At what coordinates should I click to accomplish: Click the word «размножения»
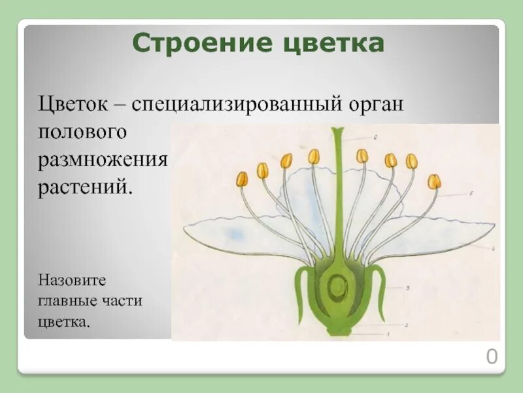click(103, 160)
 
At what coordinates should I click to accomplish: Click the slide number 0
click(492, 357)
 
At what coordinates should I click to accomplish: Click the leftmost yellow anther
click(242, 179)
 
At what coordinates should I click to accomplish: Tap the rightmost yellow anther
click(434, 181)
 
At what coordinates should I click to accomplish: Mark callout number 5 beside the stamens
click(471, 194)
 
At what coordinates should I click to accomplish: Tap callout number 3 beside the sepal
click(407, 288)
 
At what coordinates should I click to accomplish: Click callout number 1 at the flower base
click(386, 335)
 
